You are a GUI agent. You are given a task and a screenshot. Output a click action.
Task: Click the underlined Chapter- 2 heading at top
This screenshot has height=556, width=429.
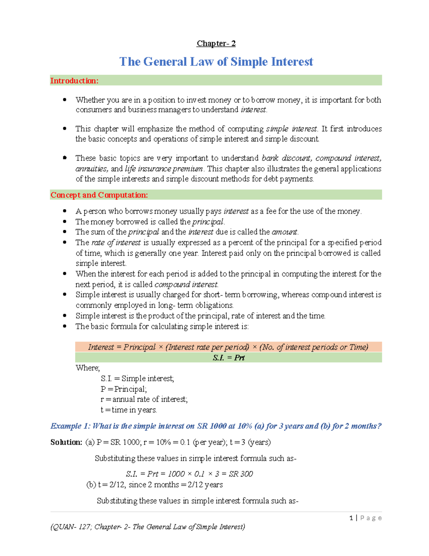(216, 44)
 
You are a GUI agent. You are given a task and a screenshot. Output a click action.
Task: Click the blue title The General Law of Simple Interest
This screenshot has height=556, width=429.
(216, 62)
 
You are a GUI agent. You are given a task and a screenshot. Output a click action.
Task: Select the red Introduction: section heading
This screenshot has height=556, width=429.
(74, 81)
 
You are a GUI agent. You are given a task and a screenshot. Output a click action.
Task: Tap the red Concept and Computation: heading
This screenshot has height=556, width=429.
(99, 195)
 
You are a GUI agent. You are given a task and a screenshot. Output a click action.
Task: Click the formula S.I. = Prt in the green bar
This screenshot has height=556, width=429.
(228, 358)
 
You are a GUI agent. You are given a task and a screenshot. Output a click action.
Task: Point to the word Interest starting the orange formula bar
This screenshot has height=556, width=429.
(101, 347)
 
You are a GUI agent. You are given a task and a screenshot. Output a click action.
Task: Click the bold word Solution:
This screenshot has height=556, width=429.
(66, 442)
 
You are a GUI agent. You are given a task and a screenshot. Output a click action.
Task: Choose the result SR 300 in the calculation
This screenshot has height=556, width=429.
(241, 474)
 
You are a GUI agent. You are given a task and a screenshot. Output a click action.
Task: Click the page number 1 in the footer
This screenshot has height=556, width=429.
(351, 518)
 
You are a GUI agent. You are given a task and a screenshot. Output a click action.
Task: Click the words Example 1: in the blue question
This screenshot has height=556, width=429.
(70, 426)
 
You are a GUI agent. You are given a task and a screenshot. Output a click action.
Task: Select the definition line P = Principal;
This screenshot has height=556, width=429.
(123, 389)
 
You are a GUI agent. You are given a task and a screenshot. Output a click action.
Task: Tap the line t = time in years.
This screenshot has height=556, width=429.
(129, 410)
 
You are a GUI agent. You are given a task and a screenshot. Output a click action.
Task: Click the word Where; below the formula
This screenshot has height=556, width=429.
(88, 368)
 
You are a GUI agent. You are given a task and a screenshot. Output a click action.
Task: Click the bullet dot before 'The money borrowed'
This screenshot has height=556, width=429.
(65, 222)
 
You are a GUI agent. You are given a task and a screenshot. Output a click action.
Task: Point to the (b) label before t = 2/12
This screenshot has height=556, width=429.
(91, 485)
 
